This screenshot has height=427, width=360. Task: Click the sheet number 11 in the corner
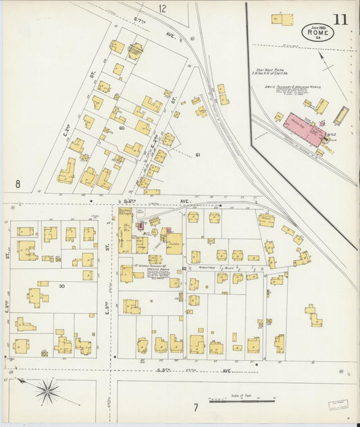340,18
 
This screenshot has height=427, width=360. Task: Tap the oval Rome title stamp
313,32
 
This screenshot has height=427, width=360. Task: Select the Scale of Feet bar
241,400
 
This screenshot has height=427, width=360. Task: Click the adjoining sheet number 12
162,9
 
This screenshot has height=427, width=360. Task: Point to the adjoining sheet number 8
18,184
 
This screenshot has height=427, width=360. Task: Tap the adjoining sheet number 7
196,407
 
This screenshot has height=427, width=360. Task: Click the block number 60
122,128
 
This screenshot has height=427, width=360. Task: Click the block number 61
198,155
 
